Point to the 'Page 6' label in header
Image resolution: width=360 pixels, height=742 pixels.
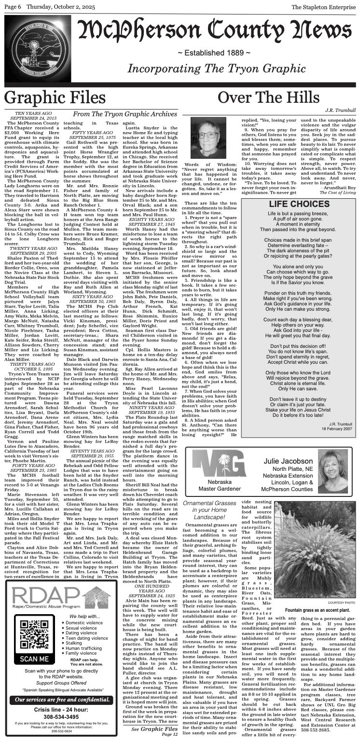13,7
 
